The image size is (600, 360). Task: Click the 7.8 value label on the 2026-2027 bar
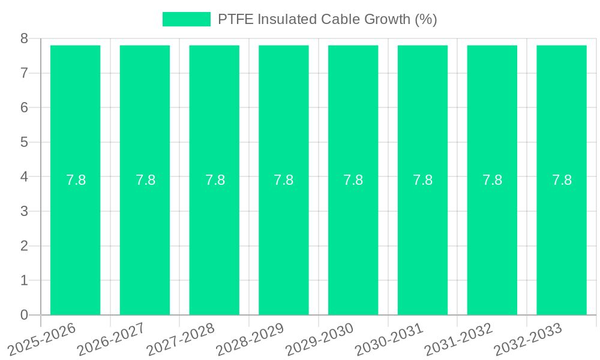coord(145,180)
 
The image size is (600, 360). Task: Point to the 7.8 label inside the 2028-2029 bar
coord(284,180)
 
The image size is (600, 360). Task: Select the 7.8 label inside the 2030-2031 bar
coord(422,180)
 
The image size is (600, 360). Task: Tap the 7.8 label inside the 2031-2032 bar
coord(492,180)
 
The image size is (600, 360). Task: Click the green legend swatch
coord(187,19)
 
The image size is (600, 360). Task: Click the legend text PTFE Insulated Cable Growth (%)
coord(327,19)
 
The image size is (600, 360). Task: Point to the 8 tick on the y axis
coord(24,38)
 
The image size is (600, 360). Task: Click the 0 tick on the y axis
coord(24,315)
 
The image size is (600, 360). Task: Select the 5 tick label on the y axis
coord(24,142)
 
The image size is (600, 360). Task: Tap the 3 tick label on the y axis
coord(24,211)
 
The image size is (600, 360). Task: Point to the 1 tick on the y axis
coord(24,280)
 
